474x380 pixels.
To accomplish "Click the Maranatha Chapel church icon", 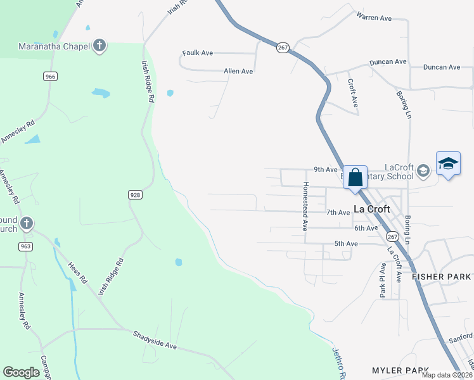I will pos(99,46).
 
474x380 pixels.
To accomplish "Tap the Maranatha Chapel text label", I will pos(54,46).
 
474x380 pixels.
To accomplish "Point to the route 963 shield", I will pos(25,246).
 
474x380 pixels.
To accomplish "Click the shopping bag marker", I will pos(355,177).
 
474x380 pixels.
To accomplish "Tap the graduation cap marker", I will pos(448,163).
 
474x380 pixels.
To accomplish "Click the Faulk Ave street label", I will pos(197,53).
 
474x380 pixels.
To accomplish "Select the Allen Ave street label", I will pos(238,72).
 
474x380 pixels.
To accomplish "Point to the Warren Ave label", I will pos(374,17).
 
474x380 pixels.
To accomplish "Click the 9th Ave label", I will pos(326,170).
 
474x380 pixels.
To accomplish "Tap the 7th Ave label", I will pos(338,213).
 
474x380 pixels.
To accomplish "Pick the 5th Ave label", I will pos(346,244).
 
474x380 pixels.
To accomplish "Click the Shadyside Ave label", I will pos(154,339).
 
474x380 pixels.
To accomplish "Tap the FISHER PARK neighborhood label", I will pos(442,277).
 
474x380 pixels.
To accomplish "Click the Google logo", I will pos(21,372).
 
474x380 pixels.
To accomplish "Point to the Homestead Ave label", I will pos(305,205).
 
